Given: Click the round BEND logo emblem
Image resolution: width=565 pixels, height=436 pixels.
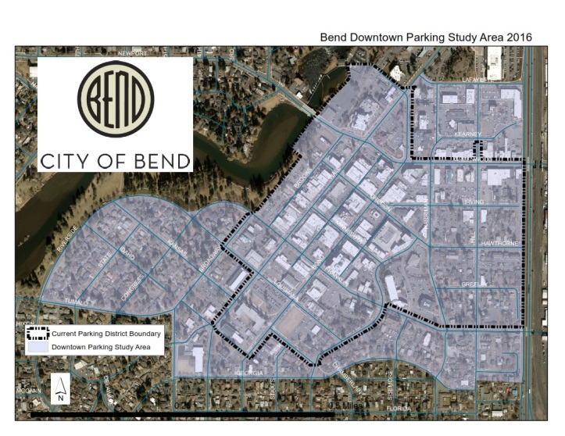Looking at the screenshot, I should pos(115,98).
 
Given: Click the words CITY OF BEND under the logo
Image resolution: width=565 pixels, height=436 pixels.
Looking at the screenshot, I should pos(115,161).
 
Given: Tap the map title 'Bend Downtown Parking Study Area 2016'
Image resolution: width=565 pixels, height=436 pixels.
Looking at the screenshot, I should pos(426,37).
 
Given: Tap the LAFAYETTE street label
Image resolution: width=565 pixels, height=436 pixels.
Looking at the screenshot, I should pos(478,80).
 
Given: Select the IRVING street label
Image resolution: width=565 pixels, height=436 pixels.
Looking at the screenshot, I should pos(474,202).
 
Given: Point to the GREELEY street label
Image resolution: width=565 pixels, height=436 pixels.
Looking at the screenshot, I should pos(474,284).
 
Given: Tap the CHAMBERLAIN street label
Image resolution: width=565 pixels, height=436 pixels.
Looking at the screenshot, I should pos(349,377).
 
